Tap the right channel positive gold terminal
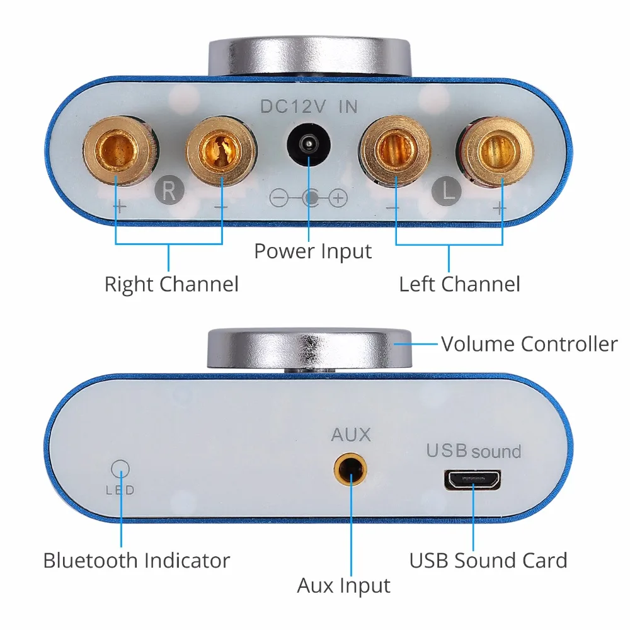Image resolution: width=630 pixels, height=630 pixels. tap(117, 151)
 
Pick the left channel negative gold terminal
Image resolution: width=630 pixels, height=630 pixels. tap(396, 150)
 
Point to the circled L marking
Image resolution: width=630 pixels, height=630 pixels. tap(448, 190)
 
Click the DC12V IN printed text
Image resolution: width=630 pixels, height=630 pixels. tap(309, 107)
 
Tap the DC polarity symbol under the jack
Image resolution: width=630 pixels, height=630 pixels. tap(309, 198)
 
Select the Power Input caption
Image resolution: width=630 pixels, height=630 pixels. tap(313, 251)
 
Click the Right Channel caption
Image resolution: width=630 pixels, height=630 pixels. tap(171, 284)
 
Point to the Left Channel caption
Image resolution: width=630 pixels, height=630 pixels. tap(459, 284)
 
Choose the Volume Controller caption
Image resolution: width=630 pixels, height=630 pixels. tap(529, 344)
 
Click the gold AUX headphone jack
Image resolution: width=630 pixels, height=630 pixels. tap(348, 469)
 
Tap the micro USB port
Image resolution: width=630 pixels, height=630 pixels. tap(472, 480)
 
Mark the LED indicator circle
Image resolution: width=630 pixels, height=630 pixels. tap(120, 468)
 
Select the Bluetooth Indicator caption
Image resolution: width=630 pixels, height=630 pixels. tap(136, 560)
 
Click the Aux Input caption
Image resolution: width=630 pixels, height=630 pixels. tap(344, 585)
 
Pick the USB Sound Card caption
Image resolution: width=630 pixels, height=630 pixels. tap(488, 560)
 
